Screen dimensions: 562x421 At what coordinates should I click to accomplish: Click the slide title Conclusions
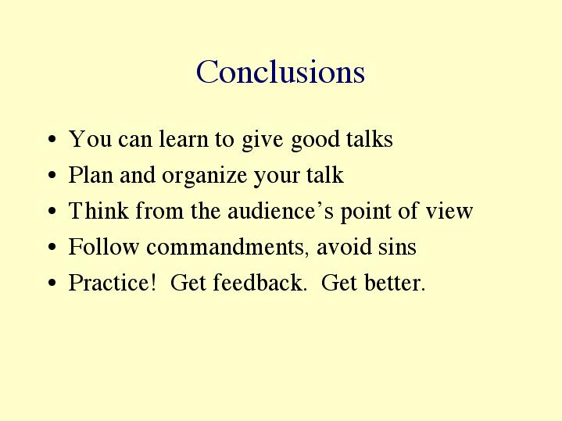coord(281,72)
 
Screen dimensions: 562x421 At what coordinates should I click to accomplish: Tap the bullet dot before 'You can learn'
coord(52,139)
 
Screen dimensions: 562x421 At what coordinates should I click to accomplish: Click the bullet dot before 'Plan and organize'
coord(52,175)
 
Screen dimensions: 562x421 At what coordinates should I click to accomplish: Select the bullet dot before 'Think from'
coord(52,211)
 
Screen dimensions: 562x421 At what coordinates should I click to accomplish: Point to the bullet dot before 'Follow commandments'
coord(52,247)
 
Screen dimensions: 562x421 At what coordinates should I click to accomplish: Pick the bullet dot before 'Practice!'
coord(52,283)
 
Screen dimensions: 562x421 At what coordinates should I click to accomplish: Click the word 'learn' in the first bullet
coord(184,139)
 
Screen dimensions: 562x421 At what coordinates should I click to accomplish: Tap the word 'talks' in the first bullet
coord(370,139)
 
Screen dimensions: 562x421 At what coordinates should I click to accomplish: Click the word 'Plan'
coord(91,174)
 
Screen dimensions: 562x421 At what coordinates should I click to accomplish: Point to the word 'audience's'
coord(281,210)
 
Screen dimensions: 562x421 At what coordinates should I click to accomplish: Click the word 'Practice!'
coord(113,282)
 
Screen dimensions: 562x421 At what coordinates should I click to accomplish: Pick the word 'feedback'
coord(260,282)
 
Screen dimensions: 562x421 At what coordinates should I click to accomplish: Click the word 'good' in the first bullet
coord(315,140)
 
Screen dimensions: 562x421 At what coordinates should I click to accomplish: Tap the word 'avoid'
coord(344,247)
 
